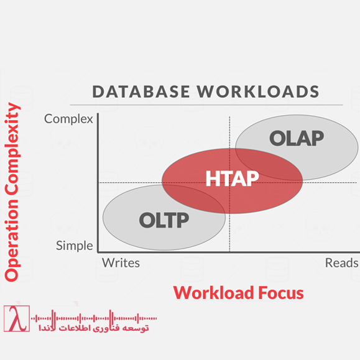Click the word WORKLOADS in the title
(x=257, y=92)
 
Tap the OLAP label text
(x=297, y=138)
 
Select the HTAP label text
(x=232, y=178)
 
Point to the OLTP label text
(x=164, y=219)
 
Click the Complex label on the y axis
(x=68, y=119)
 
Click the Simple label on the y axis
(x=74, y=245)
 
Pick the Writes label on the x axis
(x=121, y=262)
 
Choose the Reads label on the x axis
(x=341, y=262)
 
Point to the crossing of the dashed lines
(x=229, y=183)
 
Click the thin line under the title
(x=205, y=104)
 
